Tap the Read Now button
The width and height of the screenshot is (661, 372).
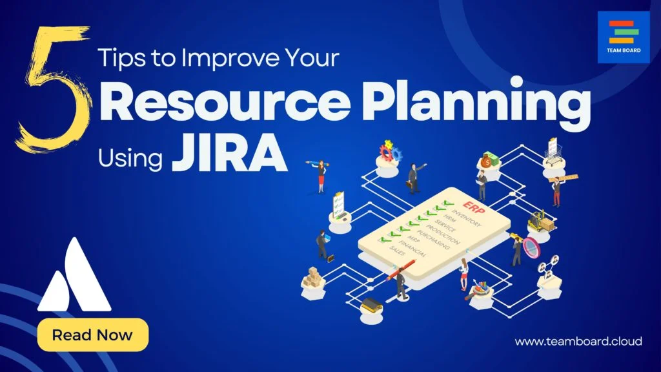[92, 335]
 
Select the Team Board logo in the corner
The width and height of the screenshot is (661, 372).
[623, 37]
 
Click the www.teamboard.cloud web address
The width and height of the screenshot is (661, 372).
[578, 341]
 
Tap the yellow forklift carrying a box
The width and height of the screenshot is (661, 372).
[541, 221]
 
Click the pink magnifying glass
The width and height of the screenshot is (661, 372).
[531, 247]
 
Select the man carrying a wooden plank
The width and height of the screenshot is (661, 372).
[559, 187]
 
